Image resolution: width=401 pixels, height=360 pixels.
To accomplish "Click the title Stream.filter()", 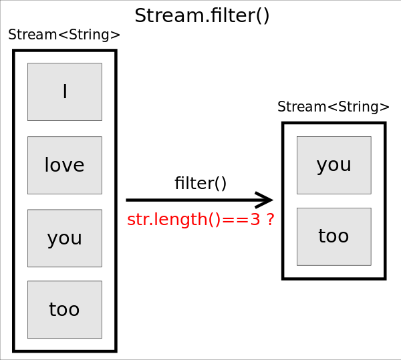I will pos(202,15).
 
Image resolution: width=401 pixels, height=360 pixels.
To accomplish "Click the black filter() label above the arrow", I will pos(200,184).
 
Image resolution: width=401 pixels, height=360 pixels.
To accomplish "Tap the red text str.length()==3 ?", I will pos(200,220).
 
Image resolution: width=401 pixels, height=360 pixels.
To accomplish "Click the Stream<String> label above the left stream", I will pos(64,35).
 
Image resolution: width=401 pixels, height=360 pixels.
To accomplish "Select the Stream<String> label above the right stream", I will pos(333,107).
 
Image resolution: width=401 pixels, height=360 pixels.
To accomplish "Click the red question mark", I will pos(270,220).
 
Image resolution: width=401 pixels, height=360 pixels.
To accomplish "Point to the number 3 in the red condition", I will pos(255,220).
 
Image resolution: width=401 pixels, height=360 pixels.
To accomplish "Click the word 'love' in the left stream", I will pos(64,166).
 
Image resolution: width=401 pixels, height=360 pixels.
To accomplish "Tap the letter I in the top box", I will pos(65,92).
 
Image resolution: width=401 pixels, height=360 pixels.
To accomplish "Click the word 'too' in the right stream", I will pos(333,236).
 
